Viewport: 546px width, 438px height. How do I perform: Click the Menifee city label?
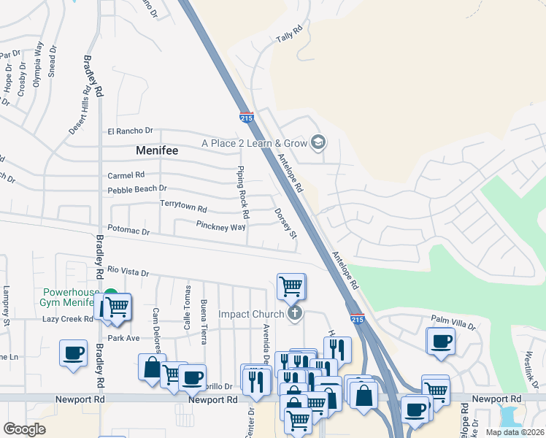[x=158, y=150]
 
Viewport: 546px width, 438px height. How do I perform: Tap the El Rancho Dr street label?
[x=130, y=131]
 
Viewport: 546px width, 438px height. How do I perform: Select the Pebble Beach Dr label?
[x=137, y=189]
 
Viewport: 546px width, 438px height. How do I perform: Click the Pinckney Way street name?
[x=220, y=226]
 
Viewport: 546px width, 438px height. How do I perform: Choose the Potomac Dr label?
[x=128, y=231]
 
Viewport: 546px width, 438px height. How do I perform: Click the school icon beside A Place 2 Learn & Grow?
[x=318, y=142]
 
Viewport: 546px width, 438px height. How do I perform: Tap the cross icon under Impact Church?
[x=295, y=314]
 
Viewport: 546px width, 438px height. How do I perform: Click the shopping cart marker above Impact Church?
[x=291, y=285]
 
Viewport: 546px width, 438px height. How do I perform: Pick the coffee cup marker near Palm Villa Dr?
[x=441, y=340]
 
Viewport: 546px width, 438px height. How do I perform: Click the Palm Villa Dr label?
[x=453, y=319]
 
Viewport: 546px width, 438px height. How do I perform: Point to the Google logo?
[x=24, y=429]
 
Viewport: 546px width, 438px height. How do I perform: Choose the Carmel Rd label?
[x=126, y=175]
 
